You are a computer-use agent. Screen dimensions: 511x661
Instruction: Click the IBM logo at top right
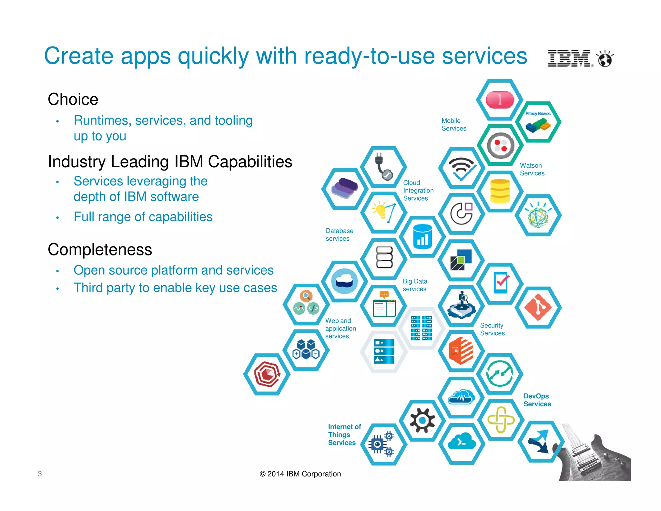[x=570, y=58]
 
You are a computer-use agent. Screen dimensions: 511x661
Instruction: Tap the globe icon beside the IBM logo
[x=605, y=59]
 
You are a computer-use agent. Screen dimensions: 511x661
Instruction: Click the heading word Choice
[x=73, y=99]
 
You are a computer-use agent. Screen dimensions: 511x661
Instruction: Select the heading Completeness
[x=100, y=250]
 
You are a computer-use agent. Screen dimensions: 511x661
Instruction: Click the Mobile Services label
[x=453, y=124]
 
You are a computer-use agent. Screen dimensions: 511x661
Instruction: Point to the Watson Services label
[x=532, y=169]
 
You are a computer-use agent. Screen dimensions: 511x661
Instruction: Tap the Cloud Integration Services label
[x=418, y=191]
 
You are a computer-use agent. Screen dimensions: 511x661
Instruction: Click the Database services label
[x=339, y=235]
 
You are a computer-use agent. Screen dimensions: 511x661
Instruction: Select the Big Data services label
[x=415, y=285]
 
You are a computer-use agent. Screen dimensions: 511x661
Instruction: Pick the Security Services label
[x=492, y=329]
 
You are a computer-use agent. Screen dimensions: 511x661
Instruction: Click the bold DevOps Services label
[x=537, y=400]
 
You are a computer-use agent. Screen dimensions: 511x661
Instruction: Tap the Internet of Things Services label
[x=344, y=434]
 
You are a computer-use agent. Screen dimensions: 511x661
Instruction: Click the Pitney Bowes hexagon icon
[x=538, y=122]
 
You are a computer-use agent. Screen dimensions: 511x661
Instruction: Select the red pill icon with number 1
[x=500, y=99]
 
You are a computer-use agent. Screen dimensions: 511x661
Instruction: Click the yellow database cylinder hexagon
[x=500, y=191]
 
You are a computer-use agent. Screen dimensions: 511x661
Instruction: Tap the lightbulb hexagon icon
[x=383, y=212]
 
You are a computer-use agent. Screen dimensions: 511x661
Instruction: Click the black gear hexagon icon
[x=422, y=420]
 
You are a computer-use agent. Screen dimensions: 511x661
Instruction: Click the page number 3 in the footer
[x=40, y=474]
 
